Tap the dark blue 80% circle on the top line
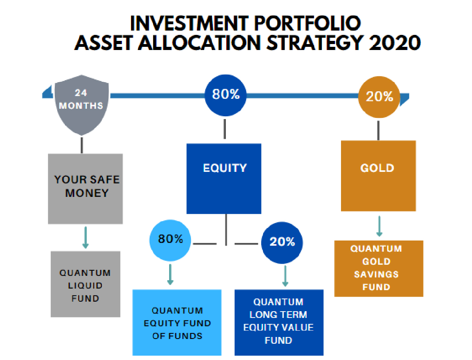pyautogui.click(x=225, y=95)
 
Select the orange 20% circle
pyautogui.click(x=379, y=97)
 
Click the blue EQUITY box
pyautogui.click(x=224, y=179)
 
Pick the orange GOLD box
pyautogui.click(x=378, y=176)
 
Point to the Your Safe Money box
pyautogui.click(x=85, y=189)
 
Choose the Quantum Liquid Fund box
pyautogui.click(x=85, y=284)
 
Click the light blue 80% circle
pyautogui.click(x=170, y=240)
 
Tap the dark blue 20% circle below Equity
pyautogui.click(x=282, y=243)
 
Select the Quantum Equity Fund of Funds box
pyautogui.click(x=177, y=323)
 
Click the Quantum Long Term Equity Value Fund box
pyautogui.click(x=279, y=323)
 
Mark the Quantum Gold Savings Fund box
pyautogui.click(x=379, y=268)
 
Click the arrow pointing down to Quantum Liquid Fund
pyautogui.click(x=85, y=237)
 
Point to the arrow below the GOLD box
pyautogui.click(x=379, y=226)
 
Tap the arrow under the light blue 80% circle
pyautogui.click(x=170, y=275)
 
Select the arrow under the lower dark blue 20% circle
pyautogui.click(x=285, y=276)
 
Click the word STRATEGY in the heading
pyautogui.click(x=314, y=43)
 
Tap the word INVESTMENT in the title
pyautogui.click(x=189, y=23)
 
